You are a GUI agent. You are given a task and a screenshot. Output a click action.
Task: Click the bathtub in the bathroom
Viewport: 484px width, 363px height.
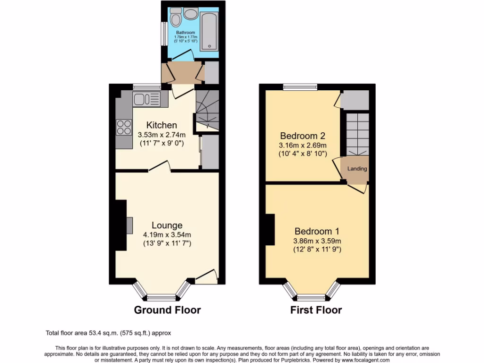click(208, 31)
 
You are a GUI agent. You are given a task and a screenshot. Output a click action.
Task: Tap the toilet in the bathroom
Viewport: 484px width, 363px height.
click(176, 18)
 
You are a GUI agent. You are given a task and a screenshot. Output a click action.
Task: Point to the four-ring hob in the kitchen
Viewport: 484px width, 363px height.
click(124, 128)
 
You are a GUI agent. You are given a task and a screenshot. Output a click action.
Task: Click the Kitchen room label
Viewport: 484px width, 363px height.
click(162, 125)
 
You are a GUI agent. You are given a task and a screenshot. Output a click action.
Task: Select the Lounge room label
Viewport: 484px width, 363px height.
click(167, 225)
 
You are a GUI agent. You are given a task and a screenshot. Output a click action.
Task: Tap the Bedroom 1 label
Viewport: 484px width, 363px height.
click(317, 231)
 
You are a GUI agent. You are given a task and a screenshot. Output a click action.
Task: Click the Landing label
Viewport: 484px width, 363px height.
click(357, 169)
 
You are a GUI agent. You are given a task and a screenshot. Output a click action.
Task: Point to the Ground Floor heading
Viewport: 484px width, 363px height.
click(167, 310)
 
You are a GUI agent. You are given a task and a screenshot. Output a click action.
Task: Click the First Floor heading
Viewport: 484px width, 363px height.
click(316, 310)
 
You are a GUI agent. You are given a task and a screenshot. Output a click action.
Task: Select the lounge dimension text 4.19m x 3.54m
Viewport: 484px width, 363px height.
click(167, 234)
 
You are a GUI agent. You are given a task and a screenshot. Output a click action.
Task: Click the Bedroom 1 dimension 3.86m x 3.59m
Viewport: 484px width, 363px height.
click(317, 241)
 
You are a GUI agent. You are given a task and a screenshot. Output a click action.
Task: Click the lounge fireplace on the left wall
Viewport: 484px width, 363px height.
click(129, 225)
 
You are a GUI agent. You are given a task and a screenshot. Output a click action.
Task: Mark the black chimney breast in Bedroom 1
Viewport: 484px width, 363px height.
click(270, 230)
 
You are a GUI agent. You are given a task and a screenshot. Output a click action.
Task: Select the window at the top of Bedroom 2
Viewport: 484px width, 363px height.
click(300, 87)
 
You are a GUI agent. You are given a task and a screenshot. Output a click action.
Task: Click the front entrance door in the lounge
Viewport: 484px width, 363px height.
click(207, 278)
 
